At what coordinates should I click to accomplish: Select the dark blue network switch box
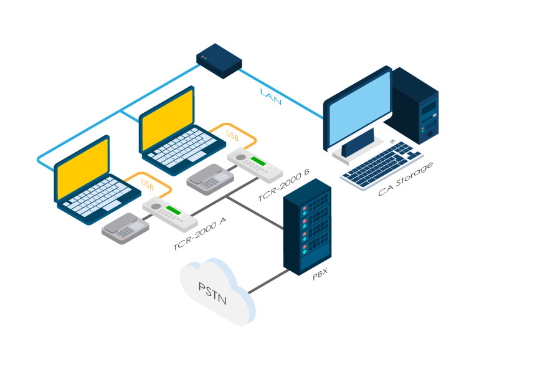click(x=219, y=60)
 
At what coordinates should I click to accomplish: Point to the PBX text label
click(x=320, y=275)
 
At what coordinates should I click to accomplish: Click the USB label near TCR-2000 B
click(x=232, y=135)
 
